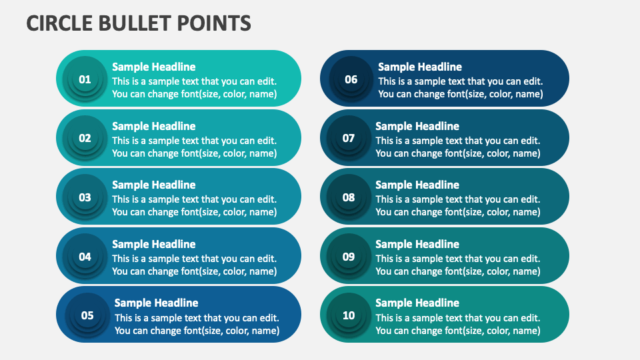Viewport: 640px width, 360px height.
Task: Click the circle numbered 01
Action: (85, 79)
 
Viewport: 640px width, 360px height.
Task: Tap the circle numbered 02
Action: (85, 139)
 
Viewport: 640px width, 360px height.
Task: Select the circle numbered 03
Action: (85, 197)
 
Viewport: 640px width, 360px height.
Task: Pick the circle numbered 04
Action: (85, 257)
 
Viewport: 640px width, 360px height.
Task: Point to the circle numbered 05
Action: (87, 315)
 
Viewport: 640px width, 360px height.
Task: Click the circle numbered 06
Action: (351, 79)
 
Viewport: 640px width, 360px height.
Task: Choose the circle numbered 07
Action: (349, 139)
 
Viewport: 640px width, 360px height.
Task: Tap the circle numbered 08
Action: (349, 197)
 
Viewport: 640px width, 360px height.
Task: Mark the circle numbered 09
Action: (349, 257)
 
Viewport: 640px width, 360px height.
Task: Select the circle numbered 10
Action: (349, 315)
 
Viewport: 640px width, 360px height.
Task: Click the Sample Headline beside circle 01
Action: (153, 67)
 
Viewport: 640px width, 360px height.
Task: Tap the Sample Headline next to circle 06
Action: (419, 67)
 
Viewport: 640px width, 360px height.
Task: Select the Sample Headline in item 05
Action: (156, 303)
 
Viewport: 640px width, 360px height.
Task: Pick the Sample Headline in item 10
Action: (417, 303)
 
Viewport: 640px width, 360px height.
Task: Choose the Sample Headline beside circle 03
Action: (153, 185)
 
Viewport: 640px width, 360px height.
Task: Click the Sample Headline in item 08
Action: (417, 185)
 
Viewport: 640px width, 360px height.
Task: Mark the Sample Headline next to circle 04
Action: (153, 244)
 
